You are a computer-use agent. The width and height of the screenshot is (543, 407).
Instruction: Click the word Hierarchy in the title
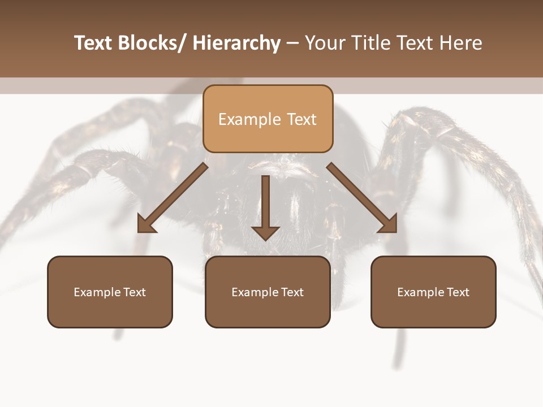pos(236,44)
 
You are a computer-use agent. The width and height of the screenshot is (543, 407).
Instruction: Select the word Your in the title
pos(325,44)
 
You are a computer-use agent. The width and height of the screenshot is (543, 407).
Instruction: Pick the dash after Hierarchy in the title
pos(292,44)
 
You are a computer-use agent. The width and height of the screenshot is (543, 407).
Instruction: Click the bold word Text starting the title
pos(93,44)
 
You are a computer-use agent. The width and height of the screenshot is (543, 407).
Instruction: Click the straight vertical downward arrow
pos(265,209)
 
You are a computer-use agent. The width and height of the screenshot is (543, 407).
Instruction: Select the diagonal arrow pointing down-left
pos(173,198)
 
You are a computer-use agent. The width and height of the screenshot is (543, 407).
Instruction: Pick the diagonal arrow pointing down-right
pos(362,198)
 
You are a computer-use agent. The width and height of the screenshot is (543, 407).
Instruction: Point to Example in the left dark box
pos(97,292)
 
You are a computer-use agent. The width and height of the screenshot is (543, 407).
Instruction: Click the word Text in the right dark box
pos(458,292)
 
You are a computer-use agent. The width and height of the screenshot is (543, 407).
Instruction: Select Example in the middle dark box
pos(255,292)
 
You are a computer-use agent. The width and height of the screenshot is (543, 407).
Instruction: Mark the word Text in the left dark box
pos(135,292)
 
